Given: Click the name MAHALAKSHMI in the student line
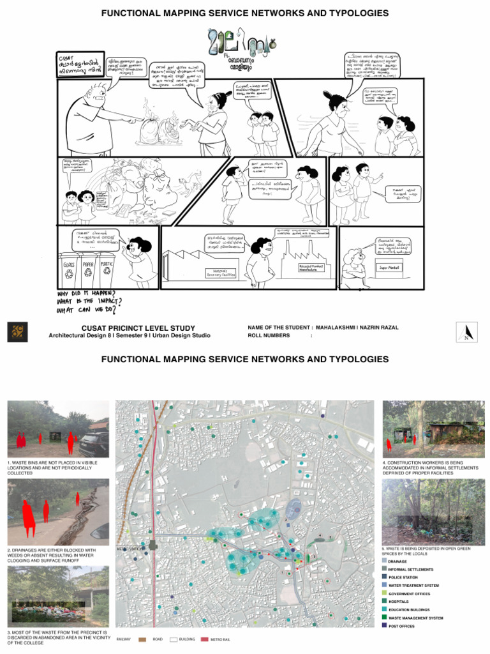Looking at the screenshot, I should tap(345, 328).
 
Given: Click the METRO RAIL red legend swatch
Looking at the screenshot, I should tap(204, 638).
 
